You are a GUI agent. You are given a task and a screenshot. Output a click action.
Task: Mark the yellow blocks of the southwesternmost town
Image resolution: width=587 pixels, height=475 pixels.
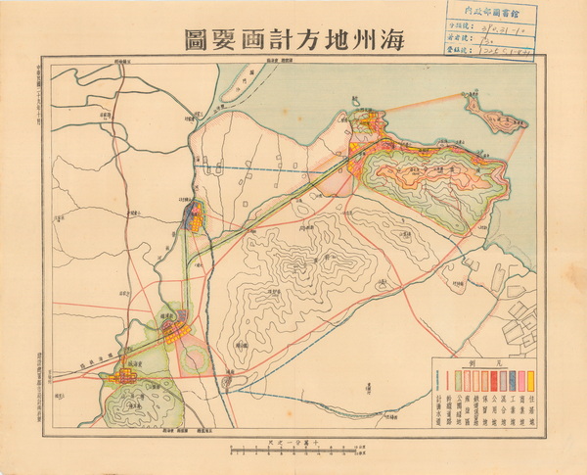(125, 373)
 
